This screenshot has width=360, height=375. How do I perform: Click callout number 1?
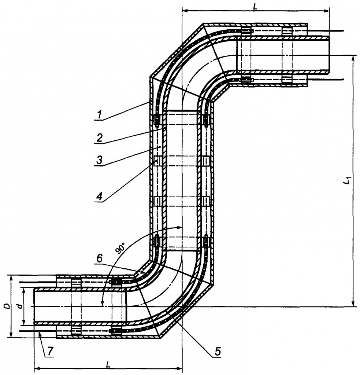click(x=99, y=115)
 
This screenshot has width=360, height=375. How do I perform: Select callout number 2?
click(x=99, y=137)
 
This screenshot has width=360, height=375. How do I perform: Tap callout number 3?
click(x=99, y=160)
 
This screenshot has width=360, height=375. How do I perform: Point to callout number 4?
click(x=99, y=196)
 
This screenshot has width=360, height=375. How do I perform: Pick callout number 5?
click(x=218, y=351)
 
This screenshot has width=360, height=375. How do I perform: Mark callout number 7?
click(x=50, y=351)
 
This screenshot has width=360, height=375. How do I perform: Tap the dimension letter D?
click(x=7, y=306)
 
